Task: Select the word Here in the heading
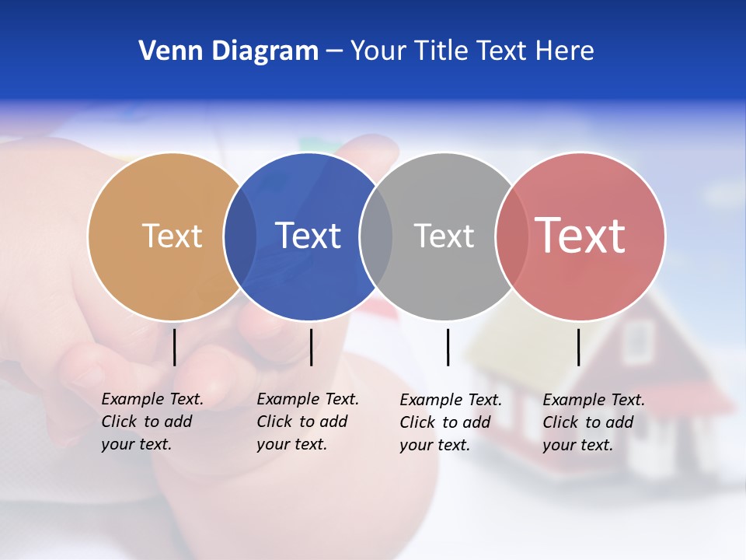pyautogui.click(x=565, y=51)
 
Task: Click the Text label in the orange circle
pyautogui.click(x=172, y=236)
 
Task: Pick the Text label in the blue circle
pyautogui.click(x=308, y=236)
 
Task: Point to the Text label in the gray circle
pyautogui.click(x=444, y=236)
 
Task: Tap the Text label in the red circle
pyautogui.click(x=580, y=236)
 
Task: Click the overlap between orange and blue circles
pyautogui.click(x=240, y=236)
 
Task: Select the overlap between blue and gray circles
pyautogui.click(x=376, y=236)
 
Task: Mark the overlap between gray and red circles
pyautogui.click(x=511, y=236)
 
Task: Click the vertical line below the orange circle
pyautogui.click(x=175, y=347)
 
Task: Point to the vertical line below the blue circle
pyautogui.click(x=311, y=347)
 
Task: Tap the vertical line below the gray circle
pyautogui.click(x=448, y=347)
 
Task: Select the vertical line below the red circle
pyautogui.click(x=578, y=347)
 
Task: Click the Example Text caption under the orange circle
pyautogui.click(x=152, y=422)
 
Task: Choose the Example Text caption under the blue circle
pyautogui.click(x=308, y=422)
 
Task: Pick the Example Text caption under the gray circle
pyautogui.click(x=451, y=422)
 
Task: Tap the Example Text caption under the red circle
pyautogui.click(x=594, y=422)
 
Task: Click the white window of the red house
pyautogui.click(x=638, y=341)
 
